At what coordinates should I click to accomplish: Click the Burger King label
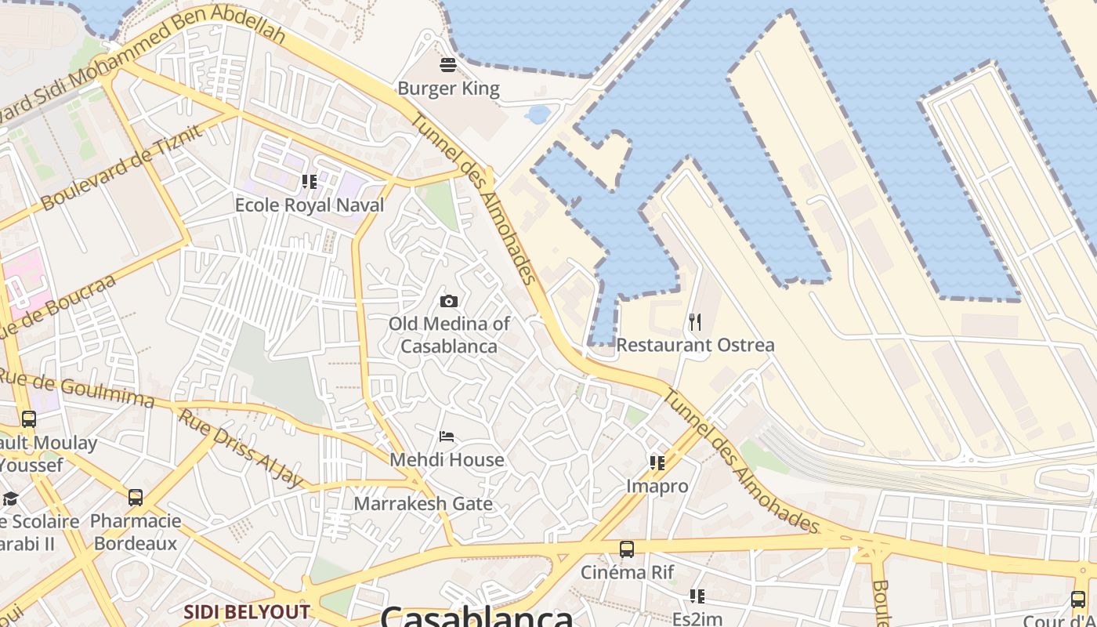[x=448, y=89]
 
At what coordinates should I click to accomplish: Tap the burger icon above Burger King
[x=448, y=64]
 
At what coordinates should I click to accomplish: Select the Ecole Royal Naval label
[x=310, y=205]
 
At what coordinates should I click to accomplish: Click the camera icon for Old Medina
[x=449, y=301]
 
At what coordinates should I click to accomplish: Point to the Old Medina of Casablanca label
[x=449, y=335]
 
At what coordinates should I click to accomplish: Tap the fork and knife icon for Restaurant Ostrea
[x=695, y=321]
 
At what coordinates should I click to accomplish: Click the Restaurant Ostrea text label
[x=695, y=345]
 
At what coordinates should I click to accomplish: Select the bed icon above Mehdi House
[x=447, y=437]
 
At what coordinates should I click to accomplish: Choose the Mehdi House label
[x=447, y=459]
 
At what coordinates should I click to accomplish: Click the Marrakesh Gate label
[x=423, y=503]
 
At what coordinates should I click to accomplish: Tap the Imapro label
[x=657, y=486]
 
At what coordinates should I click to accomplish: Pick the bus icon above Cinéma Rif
[x=627, y=549]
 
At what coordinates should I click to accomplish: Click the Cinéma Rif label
[x=627, y=572]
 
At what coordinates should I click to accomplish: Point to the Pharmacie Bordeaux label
[x=136, y=531]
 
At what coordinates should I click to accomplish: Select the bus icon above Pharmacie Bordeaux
[x=136, y=497]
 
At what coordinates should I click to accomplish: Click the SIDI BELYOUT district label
[x=247, y=611]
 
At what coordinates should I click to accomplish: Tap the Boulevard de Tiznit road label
[x=121, y=167]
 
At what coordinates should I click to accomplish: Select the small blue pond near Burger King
[x=538, y=115]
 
